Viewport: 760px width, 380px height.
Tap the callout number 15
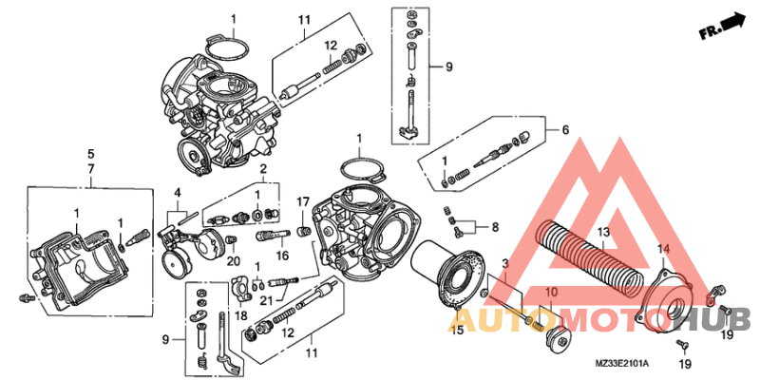click(x=457, y=330)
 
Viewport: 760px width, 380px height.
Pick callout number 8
click(x=494, y=227)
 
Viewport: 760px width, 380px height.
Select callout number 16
click(x=281, y=256)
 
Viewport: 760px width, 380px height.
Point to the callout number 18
click(x=240, y=314)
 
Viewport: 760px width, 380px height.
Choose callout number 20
click(x=233, y=261)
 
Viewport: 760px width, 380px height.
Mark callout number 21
click(x=267, y=301)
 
